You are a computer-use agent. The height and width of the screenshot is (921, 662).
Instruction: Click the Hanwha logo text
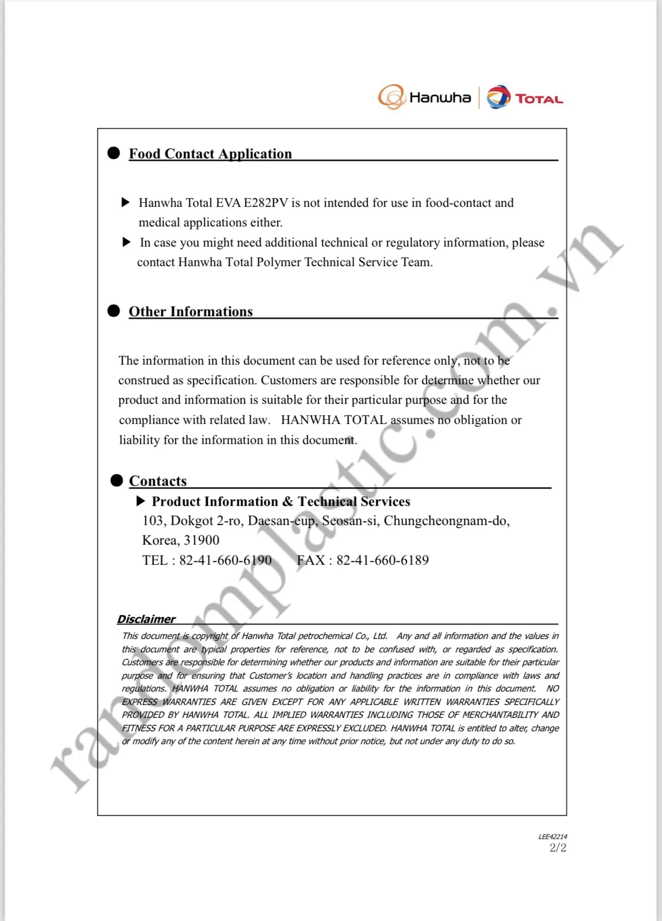(x=440, y=97)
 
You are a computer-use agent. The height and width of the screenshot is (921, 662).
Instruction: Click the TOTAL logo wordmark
(x=539, y=99)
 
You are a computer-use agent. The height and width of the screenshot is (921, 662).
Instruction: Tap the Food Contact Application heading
(x=210, y=154)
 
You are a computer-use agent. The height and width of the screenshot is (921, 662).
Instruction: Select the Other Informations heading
(x=190, y=311)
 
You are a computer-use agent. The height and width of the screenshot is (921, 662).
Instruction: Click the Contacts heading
(x=157, y=481)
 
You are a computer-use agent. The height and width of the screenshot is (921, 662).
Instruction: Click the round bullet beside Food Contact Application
(x=113, y=153)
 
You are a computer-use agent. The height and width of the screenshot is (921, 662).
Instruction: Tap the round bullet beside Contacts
(x=117, y=481)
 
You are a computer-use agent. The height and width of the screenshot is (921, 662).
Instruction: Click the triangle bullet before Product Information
(x=140, y=501)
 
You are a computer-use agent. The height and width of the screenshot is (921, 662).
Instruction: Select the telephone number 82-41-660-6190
(x=225, y=560)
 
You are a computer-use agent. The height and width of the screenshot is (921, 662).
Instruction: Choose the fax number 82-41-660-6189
(x=382, y=560)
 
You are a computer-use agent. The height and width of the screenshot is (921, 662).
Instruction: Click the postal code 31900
(x=202, y=540)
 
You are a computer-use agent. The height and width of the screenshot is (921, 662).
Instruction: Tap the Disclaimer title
(x=146, y=619)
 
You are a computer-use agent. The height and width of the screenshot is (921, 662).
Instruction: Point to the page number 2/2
(x=557, y=848)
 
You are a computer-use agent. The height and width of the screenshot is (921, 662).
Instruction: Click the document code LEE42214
(x=552, y=836)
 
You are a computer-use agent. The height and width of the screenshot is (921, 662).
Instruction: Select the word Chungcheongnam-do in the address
(x=446, y=520)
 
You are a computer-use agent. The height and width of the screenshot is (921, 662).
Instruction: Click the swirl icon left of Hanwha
(x=391, y=97)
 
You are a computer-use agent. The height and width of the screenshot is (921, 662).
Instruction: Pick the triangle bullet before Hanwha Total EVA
(x=125, y=202)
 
